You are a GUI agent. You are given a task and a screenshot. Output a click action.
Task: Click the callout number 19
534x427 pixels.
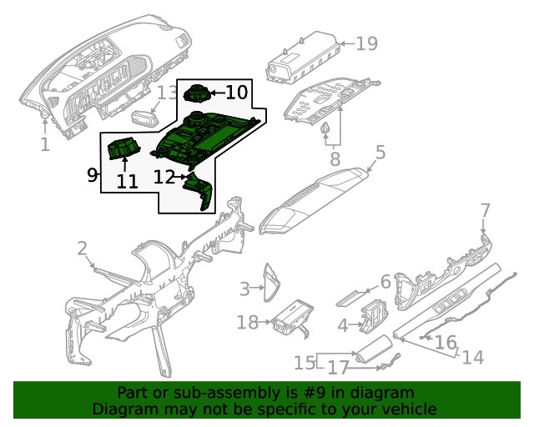pyautogui.click(x=366, y=43)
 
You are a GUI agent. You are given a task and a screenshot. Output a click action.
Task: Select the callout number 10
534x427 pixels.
pyautogui.click(x=236, y=92)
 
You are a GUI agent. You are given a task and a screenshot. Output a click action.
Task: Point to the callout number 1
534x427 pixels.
pyautogui.click(x=44, y=145)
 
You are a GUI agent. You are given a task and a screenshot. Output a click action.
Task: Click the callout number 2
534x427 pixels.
pyautogui.click(x=82, y=248)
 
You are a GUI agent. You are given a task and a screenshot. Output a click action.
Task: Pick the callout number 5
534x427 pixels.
pyautogui.click(x=380, y=153)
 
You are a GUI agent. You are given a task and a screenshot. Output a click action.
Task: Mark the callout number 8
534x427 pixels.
pyautogui.click(x=334, y=158)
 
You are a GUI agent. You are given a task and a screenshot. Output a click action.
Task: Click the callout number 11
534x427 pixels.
pyautogui.click(x=127, y=181)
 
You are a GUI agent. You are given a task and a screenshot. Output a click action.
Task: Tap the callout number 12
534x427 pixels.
pyautogui.click(x=164, y=177)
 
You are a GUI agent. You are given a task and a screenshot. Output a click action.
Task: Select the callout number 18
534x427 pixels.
pyautogui.click(x=248, y=322)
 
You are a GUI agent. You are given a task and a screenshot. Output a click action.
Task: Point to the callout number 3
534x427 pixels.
pyautogui.click(x=244, y=289)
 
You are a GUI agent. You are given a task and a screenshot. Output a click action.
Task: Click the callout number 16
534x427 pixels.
pyautogui.click(x=446, y=342)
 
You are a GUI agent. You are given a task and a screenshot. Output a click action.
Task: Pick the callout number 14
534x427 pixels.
pyautogui.click(x=472, y=357)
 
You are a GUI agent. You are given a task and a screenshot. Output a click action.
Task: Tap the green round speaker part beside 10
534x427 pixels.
pyautogui.click(x=197, y=93)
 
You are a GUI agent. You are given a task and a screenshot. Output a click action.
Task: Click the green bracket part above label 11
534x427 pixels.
pyautogui.click(x=123, y=149)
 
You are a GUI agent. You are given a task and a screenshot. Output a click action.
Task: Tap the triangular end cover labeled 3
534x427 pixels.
pyautogui.click(x=271, y=281)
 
